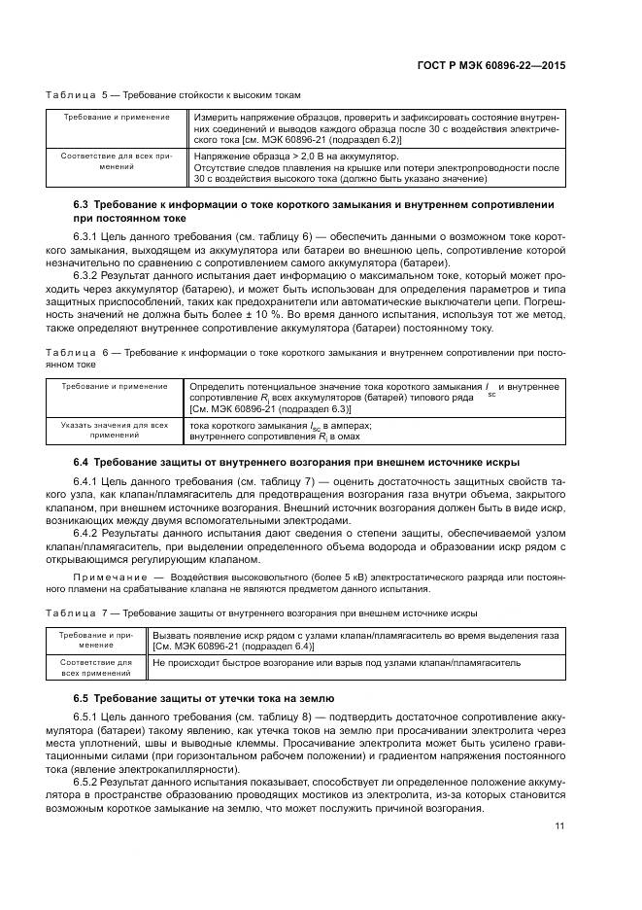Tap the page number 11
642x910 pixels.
tap(559, 826)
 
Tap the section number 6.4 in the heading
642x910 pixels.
tap(82, 460)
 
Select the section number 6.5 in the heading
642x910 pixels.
tap(82, 699)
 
